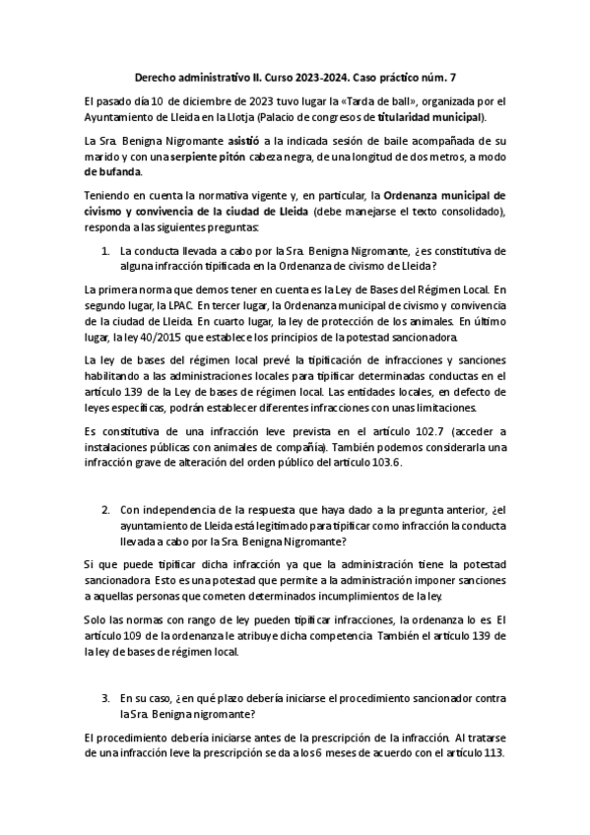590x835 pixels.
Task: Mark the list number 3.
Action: coord(106,695)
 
